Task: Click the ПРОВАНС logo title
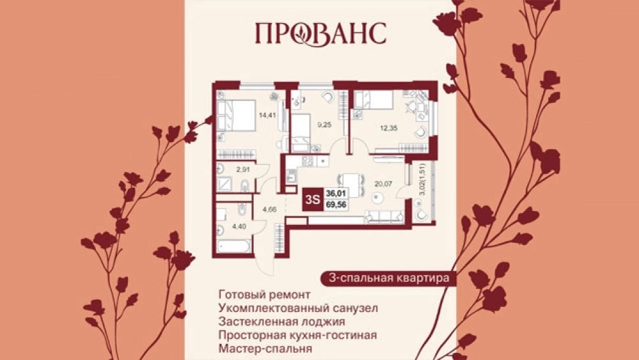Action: (x=321, y=34)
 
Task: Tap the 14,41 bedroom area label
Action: (x=267, y=115)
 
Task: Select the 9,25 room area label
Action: (x=325, y=125)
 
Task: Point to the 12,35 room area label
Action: (x=389, y=128)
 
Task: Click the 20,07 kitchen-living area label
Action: (x=383, y=184)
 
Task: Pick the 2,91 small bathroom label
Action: (x=243, y=169)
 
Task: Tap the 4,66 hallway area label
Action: (x=270, y=210)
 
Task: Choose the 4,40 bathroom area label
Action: (x=239, y=226)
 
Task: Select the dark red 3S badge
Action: (x=312, y=200)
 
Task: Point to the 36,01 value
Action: (x=336, y=194)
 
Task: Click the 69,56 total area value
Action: (x=336, y=205)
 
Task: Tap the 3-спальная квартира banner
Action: (x=389, y=278)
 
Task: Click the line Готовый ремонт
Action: (x=264, y=294)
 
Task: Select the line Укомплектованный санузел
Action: (x=298, y=308)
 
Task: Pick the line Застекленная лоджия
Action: (x=282, y=322)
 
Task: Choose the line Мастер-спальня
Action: (x=265, y=349)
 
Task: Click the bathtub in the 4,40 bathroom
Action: (x=233, y=246)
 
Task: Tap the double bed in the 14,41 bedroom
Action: (x=236, y=115)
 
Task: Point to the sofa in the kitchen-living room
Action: (x=384, y=217)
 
